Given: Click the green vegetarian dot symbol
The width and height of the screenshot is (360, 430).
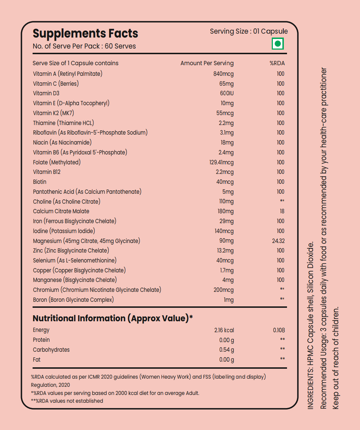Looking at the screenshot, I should point(278,44).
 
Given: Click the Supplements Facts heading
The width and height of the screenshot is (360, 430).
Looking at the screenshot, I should point(85,34).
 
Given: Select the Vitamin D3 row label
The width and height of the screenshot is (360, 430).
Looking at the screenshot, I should point(46,93).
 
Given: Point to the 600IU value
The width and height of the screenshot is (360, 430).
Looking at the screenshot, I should point(227,93).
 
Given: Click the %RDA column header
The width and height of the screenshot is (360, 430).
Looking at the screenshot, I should point(277,63).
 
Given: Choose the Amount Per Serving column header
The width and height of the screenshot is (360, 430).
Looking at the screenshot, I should point(207,63).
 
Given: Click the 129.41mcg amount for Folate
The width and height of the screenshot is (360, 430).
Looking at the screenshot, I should point(221,162).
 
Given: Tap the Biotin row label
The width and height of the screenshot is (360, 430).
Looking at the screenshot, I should point(40,182).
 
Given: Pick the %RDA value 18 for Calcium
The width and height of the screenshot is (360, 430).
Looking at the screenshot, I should point(282,211).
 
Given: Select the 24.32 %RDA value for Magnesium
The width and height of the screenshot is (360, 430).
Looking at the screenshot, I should point(278,241).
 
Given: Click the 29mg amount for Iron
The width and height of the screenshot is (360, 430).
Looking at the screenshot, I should point(226,221).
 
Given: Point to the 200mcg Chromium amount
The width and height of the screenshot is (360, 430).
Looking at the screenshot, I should point(224,290).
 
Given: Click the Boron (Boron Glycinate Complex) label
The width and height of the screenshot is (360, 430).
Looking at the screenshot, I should point(73,300).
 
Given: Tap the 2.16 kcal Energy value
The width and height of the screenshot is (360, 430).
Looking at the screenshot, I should point(224,330).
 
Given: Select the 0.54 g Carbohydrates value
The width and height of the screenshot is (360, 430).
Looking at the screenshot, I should point(226,350).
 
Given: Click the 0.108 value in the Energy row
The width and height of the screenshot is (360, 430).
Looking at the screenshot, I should point(279,330).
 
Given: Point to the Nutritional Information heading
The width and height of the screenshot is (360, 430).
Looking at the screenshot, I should point(113,318).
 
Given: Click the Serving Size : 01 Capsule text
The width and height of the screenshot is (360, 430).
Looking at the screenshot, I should point(249,31).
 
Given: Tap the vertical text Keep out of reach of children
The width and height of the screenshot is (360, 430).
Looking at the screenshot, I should point(336,358).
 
